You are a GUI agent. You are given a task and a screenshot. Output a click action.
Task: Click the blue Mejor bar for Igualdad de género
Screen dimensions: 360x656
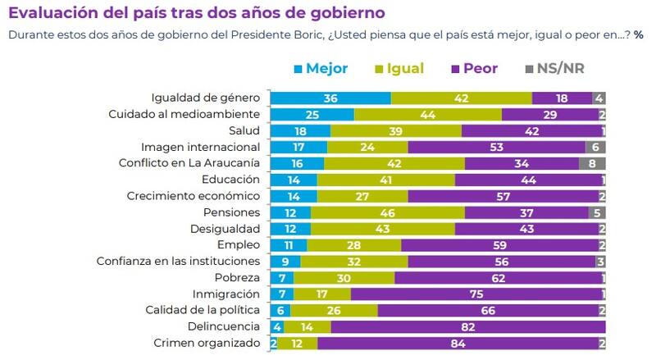coord(330,98)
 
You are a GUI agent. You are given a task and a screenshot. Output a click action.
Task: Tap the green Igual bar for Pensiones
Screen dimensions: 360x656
coord(387,212)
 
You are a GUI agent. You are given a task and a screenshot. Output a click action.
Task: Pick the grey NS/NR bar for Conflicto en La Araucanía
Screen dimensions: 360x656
coord(592,163)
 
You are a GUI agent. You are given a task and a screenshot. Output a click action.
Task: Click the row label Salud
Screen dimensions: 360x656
coord(244,130)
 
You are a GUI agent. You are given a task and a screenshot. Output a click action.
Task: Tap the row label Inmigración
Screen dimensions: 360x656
coord(227,294)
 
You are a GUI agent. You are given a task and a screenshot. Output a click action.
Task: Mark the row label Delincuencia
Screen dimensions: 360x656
coord(225,327)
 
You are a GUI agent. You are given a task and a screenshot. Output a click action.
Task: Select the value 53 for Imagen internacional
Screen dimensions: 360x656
coord(496,147)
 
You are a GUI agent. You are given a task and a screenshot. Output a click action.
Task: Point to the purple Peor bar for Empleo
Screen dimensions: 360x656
coord(499,245)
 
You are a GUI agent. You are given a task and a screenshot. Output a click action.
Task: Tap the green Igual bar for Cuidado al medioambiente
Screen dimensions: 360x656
coord(427,114)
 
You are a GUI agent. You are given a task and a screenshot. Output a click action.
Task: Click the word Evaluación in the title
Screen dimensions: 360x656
coord(49,14)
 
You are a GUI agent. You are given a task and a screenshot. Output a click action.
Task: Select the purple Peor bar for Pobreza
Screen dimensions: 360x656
coord(497,278)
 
